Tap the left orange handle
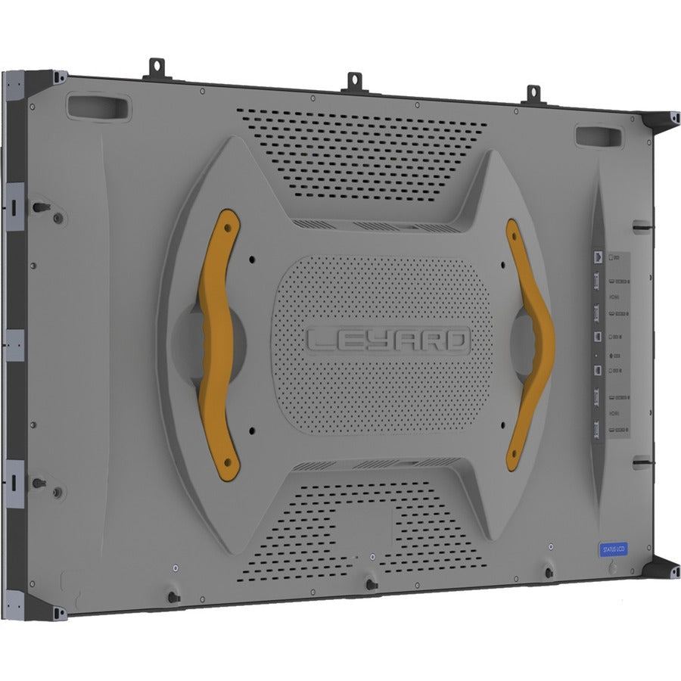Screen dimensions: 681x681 click(x=218, y=344)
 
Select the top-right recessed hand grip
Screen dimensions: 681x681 click(x=598, y=136)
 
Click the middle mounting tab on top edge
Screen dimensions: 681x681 click(x=353, y=82)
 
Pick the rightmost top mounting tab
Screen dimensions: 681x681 click(x=533, y=94)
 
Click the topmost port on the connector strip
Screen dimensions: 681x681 click(x=599, y=258)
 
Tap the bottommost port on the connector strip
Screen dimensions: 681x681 click(x=599, y=431)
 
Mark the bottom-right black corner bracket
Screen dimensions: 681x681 click(x=661, y=567)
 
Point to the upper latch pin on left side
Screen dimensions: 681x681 click(x=38, y=207)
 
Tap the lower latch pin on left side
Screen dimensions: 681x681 click(x=38, y=482)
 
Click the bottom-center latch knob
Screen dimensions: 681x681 click(x=370, y=583)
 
